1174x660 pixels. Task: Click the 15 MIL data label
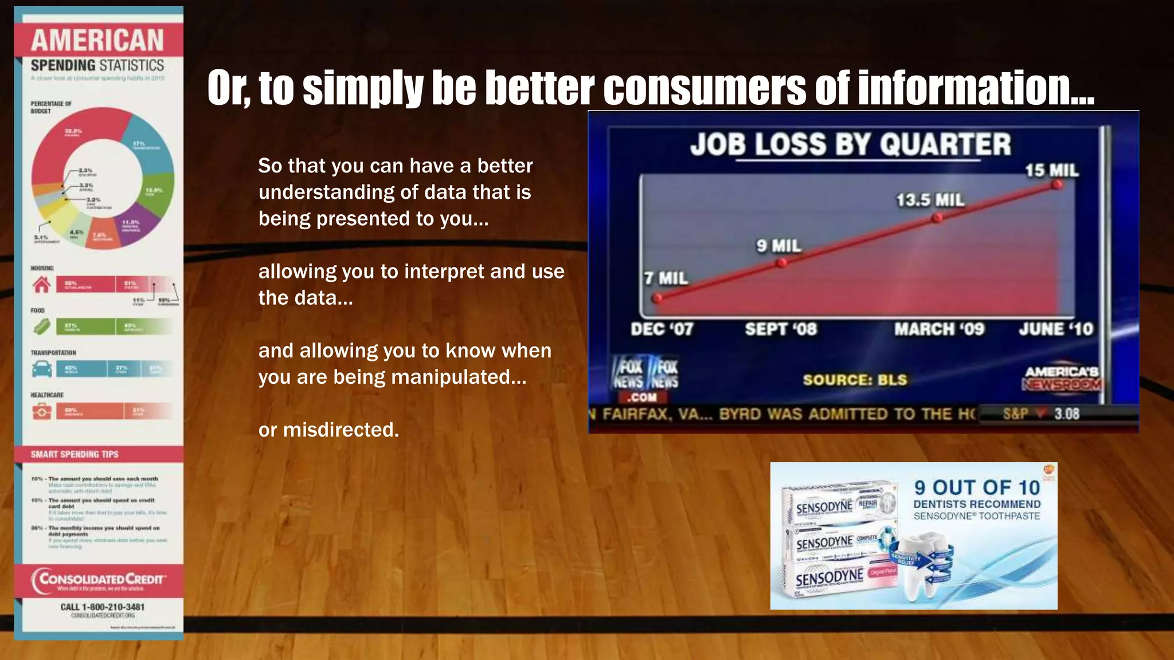coord(1051,170)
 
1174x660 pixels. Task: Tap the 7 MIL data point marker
coord(658,298)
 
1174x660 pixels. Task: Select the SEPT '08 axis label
coord(780,329)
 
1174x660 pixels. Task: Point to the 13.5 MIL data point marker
coord(937,218)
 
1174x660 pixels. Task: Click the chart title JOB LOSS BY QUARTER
coord(850,144)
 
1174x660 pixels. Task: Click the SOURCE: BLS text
coord(855,380)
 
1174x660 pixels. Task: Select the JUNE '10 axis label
coord(1055,329)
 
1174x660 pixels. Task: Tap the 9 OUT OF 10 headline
coord(977,488)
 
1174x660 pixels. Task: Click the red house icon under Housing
coord(41,284)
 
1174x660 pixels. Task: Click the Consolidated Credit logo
coord(99,580)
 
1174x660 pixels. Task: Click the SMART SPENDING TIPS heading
coord(75,454)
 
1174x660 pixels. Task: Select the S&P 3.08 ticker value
coord(1066,414)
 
